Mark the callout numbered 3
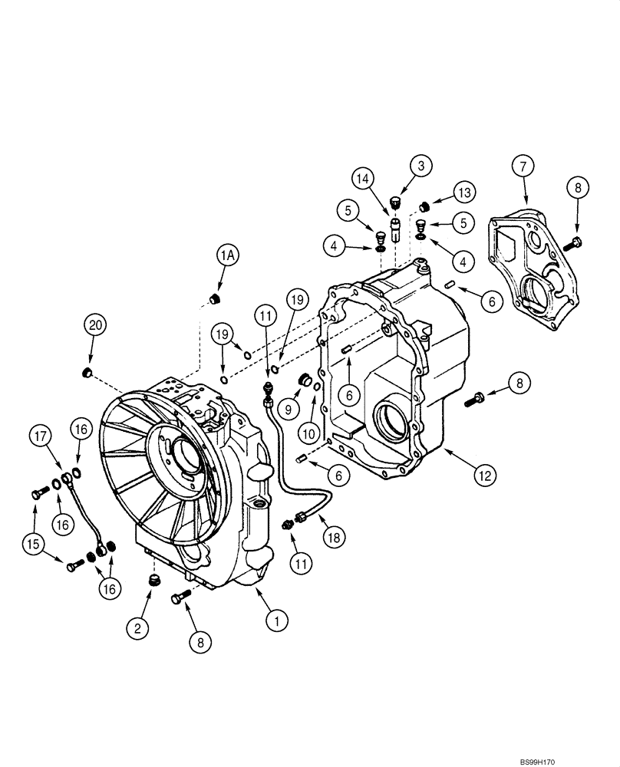420,165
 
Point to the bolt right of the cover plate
572,244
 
